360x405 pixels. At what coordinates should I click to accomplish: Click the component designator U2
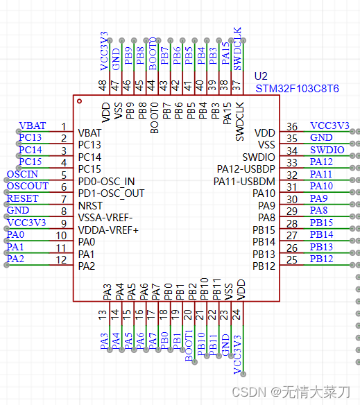tap(261, 76)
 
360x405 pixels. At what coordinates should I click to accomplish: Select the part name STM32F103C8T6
tap(297, 89)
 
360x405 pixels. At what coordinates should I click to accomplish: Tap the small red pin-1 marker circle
tap(80, 102)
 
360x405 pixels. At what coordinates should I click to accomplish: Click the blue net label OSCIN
tap(22, 174)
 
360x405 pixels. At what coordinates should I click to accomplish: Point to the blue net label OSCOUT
tap(27, 186)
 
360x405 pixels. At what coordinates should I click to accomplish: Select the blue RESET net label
tap(23, 198)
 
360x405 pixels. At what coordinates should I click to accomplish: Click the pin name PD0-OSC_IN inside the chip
tap(107, 181)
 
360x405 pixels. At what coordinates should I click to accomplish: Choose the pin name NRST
tap(91, 206)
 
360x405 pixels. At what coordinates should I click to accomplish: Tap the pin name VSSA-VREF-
tap(106, 218)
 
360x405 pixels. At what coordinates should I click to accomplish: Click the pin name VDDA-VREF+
tap(108, 230)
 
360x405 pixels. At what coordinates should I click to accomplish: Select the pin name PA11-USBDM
tap(246, 181)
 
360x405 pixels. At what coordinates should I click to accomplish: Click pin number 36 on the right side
tap(292, 126)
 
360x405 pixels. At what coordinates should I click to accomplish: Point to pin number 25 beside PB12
tap(292, 260)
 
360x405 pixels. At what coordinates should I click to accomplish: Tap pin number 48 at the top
tap(103, 85)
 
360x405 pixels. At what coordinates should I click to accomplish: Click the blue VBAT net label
tap(33, 126)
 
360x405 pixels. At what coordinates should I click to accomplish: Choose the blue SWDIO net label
tap(327, 150)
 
